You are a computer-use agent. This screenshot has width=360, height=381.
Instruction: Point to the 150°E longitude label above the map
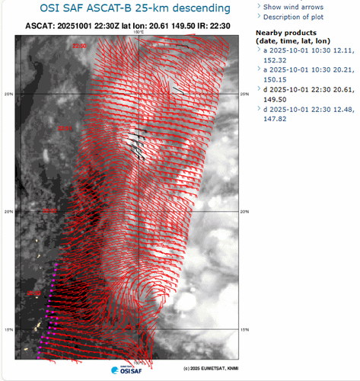pyautogui.click(x=139, y=33)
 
